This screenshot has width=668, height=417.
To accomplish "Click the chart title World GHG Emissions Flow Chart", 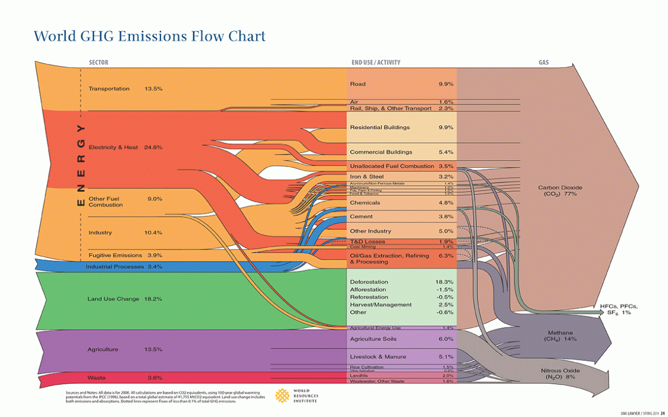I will [x=150, y=36].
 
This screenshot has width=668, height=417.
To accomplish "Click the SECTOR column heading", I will [x=99, y=63].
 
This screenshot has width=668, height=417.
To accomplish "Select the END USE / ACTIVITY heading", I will [x=376, y=63].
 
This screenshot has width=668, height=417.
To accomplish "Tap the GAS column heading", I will [x=543, y=63].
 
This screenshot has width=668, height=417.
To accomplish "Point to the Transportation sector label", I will [x=109, y=89].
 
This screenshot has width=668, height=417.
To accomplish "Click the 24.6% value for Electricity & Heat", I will [x=153, y=148].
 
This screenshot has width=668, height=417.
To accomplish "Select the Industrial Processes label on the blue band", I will [x=114, y=267].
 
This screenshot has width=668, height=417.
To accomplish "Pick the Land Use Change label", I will [x=114, y=299].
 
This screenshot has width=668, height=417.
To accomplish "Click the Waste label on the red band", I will [x=96, y=377].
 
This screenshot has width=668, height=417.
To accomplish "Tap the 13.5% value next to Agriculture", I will [x=153, y=349].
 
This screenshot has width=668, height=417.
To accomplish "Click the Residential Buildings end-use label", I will [x=379, y=127].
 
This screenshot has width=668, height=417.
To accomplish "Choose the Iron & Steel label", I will [x=366, y=177].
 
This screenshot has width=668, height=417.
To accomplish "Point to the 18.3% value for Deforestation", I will [x=444, y=282].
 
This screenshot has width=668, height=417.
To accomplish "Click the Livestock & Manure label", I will [x=377, y=357].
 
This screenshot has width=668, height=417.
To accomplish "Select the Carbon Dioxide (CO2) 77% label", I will [x=560, y=191].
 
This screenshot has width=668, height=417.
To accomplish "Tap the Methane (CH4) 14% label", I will [x=560, y=336].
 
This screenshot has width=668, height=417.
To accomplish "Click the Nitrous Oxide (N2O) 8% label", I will [x=560, y=373].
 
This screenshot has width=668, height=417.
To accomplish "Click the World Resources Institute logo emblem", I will [x=281, y=395].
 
